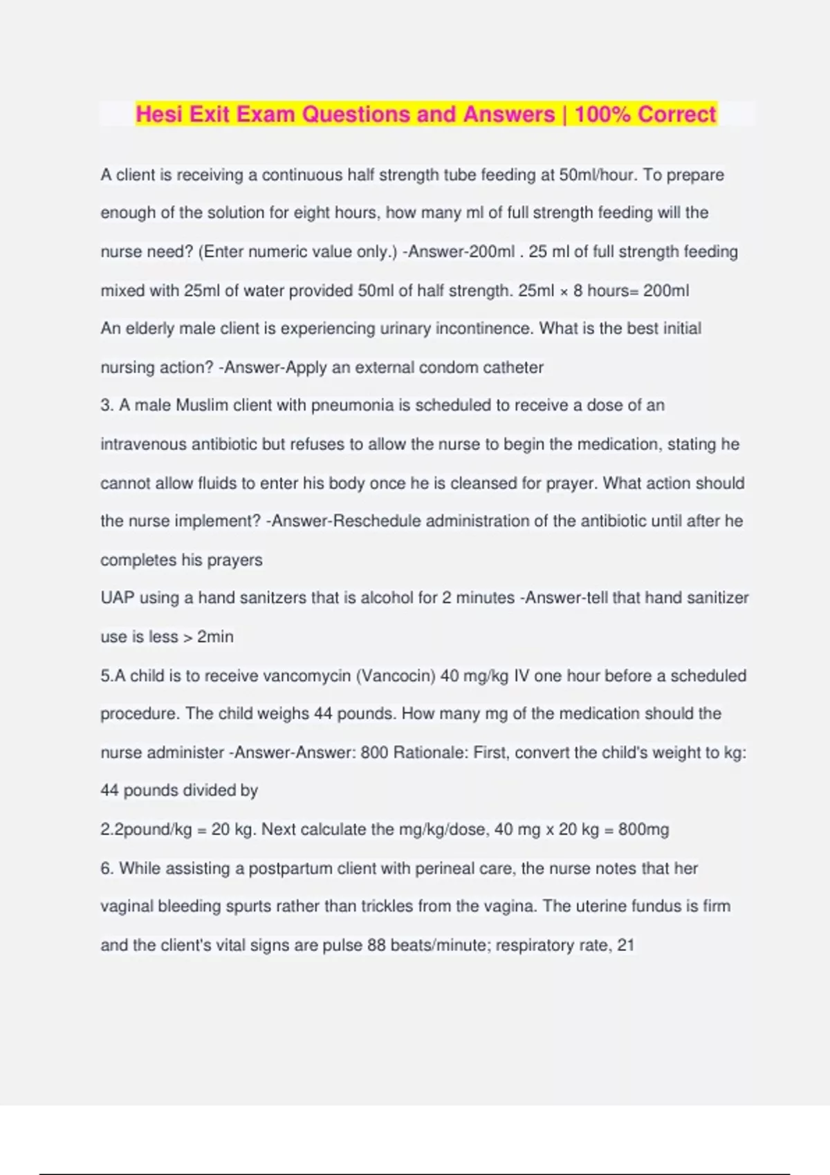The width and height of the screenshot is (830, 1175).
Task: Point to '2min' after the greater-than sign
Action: [x=215, y=637]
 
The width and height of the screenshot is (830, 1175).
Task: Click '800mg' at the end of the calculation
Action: [x=643, y=829]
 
